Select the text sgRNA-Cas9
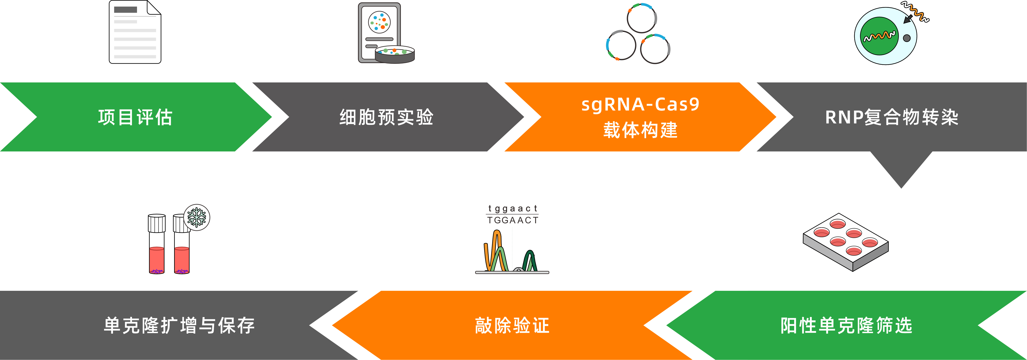click(640, 104)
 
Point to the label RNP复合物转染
click(891, 117)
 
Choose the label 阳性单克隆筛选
click(846, 325)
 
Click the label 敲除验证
click(512, 325)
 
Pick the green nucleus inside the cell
click(879, 36)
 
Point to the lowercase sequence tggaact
click(512, 209)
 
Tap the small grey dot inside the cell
click(907, 38)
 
